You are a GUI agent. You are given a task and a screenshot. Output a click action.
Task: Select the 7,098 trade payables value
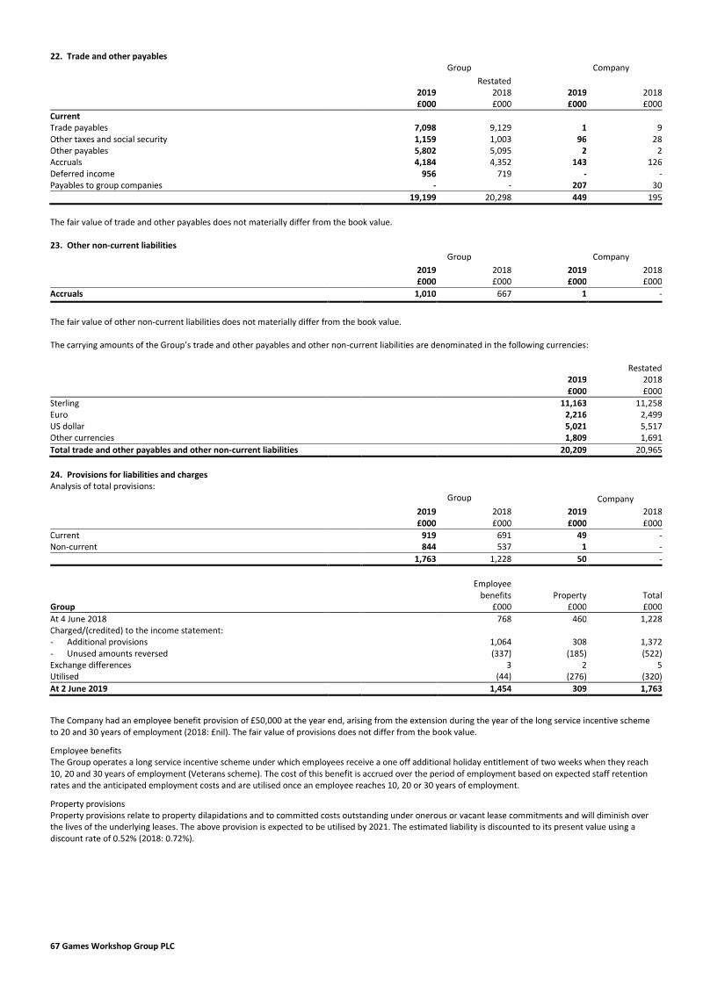[x=424, y=128]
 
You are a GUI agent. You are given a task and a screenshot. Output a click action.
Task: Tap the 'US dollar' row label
[x=67, y=426]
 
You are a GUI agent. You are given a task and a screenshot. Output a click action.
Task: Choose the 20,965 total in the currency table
[x=648, y=450]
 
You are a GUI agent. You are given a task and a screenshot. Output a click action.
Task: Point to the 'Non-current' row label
[x=74, y=546]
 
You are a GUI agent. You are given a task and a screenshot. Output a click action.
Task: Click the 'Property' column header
[x=569, y=594]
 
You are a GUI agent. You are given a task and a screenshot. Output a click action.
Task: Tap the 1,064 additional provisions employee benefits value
[x=499, y=642]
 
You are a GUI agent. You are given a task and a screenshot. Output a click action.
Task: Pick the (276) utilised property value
[x=572, y=677]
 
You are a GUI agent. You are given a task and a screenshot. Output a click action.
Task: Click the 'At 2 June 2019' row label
[x=79, y=689]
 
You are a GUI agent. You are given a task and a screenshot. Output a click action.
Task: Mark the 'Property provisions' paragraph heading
[x=86, y=803]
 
